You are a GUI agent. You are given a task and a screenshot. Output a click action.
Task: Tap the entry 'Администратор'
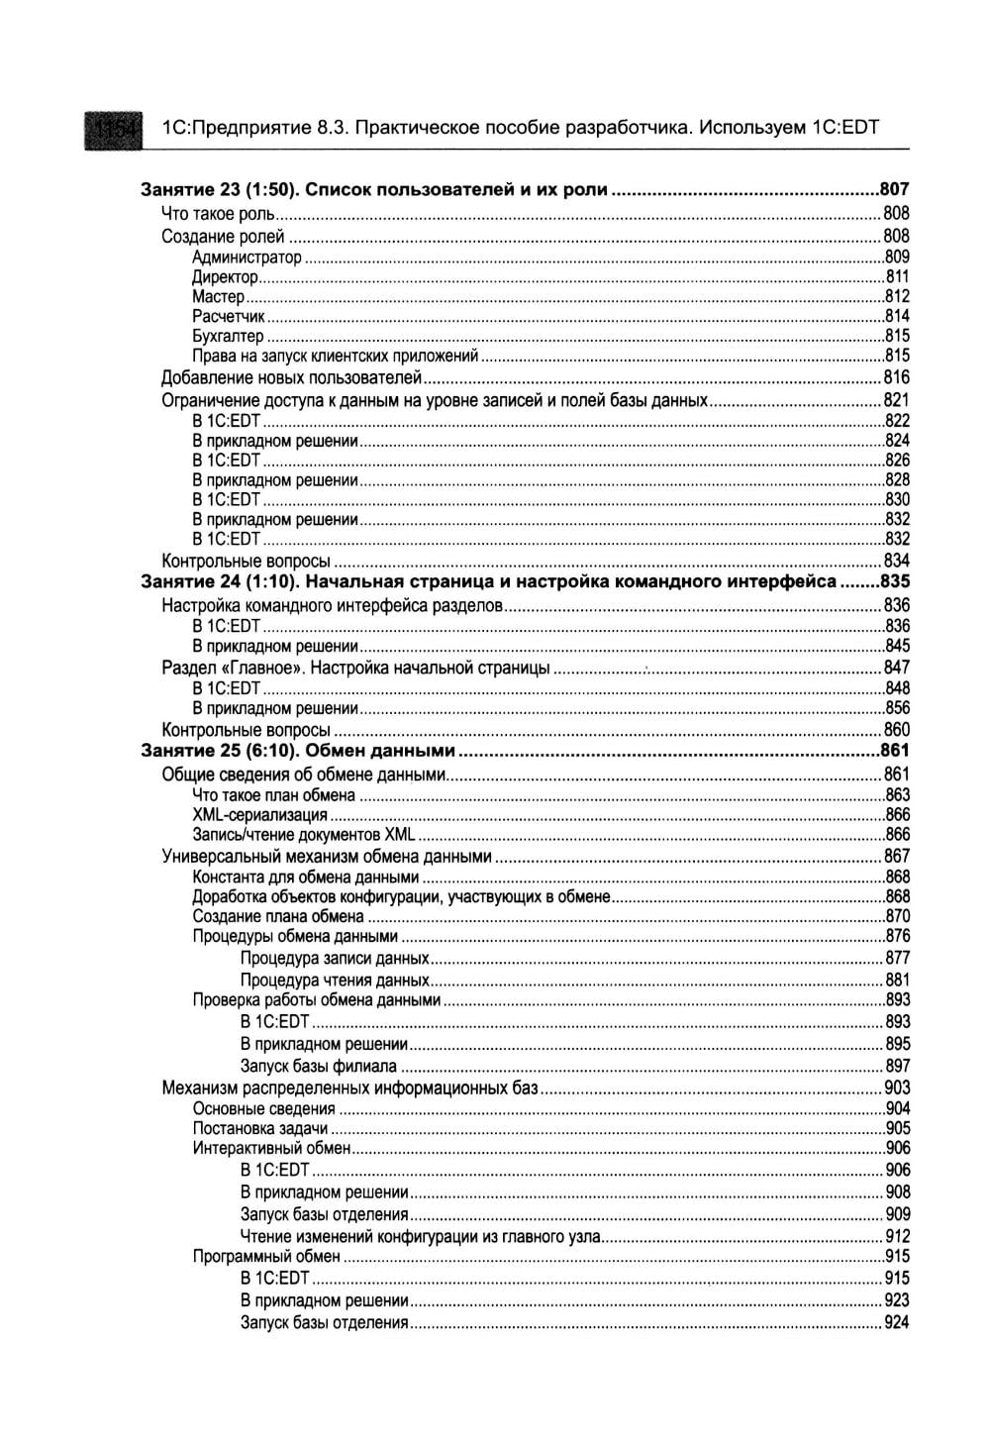click(247, 258)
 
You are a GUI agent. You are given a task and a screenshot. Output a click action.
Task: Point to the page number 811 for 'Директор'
click(897, 277)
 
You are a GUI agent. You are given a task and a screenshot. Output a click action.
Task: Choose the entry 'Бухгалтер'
click(228, 337)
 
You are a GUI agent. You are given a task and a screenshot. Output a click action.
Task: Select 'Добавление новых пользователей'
click(292, 377)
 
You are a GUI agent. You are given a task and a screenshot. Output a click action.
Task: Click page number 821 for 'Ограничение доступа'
click(896, 400)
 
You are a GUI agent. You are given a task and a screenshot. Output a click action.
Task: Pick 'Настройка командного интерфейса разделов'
click(333, 604)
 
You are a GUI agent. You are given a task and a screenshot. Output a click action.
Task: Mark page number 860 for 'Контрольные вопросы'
click(896, 730)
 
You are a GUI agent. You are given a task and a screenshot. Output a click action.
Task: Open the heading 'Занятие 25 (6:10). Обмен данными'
click(298, 750)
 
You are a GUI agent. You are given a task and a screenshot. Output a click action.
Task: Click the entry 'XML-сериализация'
click(259, 815)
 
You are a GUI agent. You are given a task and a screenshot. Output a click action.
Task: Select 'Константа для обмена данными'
click(305, 877)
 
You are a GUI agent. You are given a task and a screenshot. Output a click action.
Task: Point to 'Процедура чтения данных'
click(334, 981)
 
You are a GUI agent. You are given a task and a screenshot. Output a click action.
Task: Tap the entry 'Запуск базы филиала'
click(318, 1066)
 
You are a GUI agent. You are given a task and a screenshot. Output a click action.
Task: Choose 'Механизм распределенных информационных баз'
click(349, 1088)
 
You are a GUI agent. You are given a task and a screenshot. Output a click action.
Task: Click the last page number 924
click(896, 1323)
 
